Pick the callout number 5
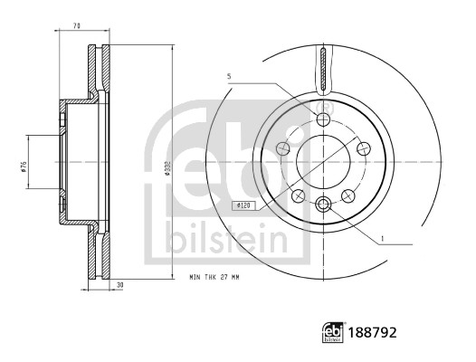tap(232, 76)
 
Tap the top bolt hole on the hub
tap(324, 119)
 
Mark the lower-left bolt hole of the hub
tap(299, 194)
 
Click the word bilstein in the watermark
tap(226, 238)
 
